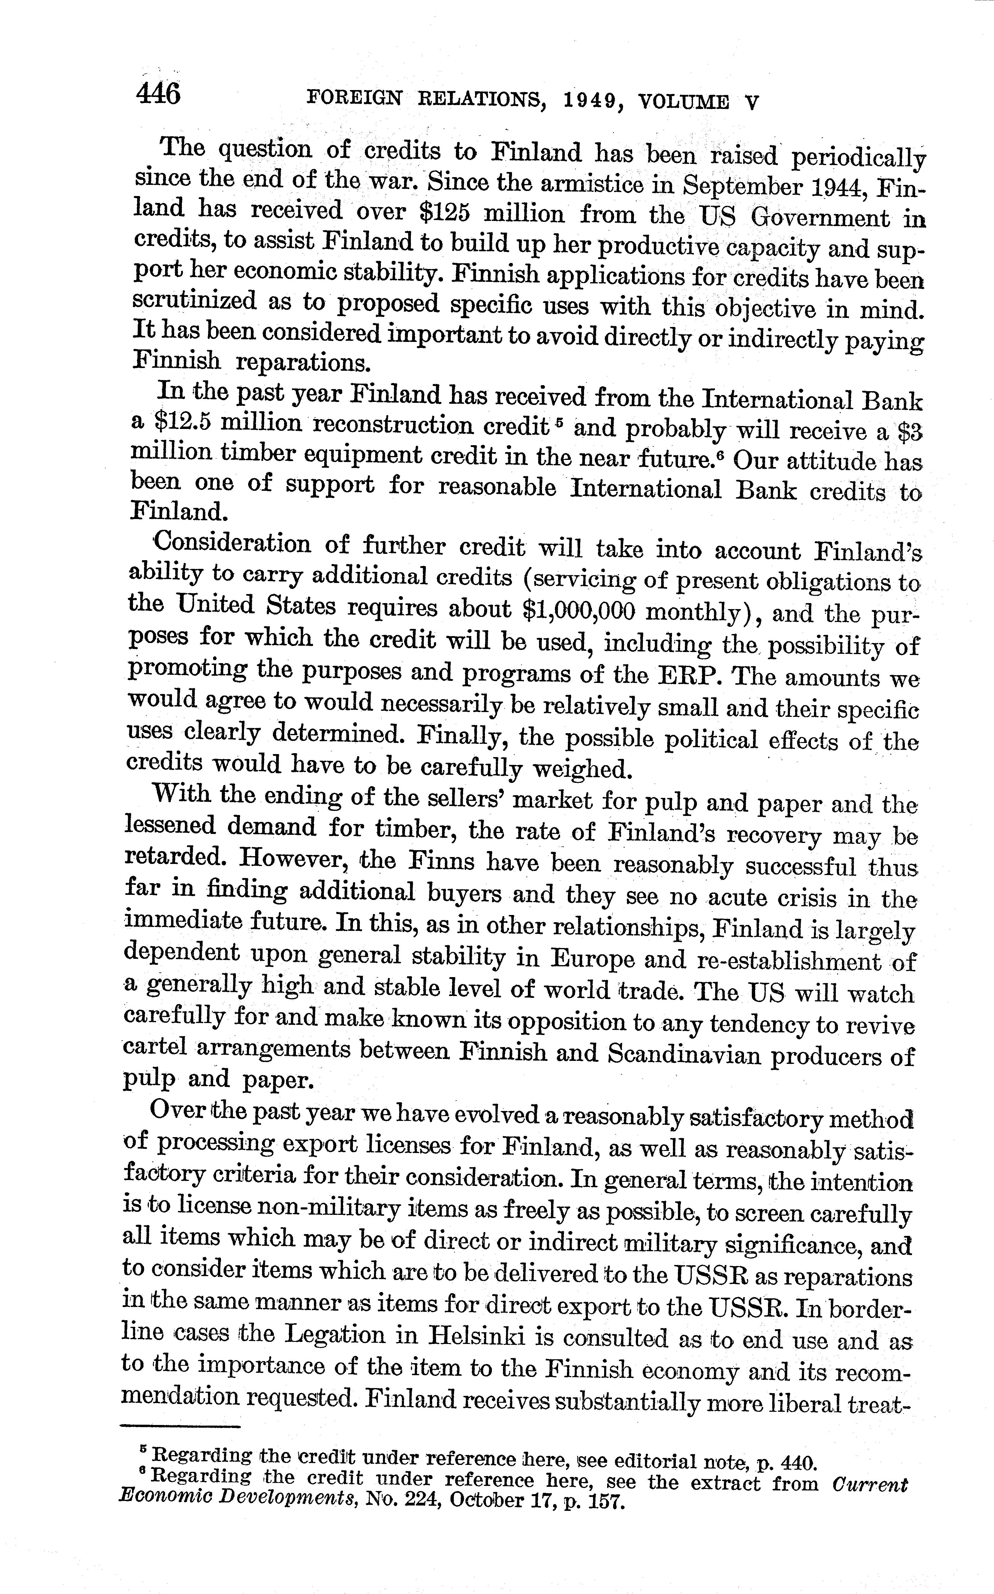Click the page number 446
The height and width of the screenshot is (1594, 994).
(158, 93)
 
